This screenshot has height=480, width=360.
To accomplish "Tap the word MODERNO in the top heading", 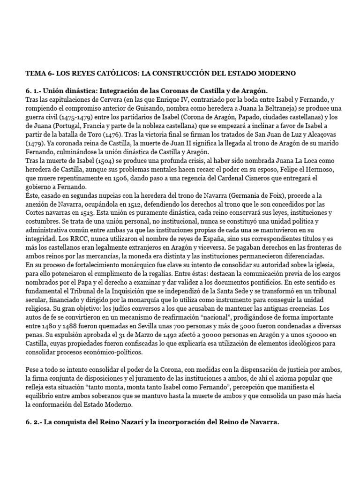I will (274, 74).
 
